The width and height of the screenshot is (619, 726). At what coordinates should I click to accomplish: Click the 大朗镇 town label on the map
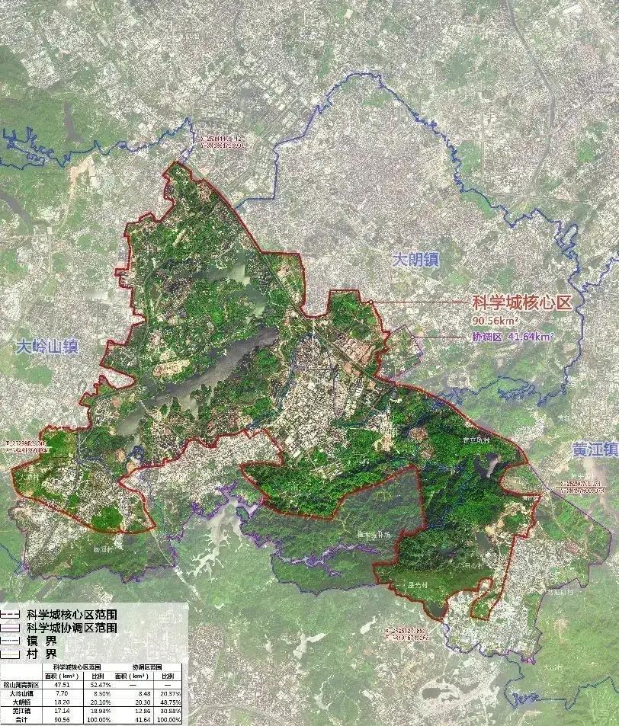pyautogui.click(x=416, y=259)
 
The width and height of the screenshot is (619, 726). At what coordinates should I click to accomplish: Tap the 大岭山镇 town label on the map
pyautogui.click(x=47, y=348)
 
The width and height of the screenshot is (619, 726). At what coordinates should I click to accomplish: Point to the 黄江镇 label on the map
pyautogui.click(x=595, y=450)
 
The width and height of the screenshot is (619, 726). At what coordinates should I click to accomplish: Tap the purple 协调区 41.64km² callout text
pyautogui.click(x=512, y=336)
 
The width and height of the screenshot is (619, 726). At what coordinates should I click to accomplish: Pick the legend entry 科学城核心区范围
pyautogui.click(x=72, y=614)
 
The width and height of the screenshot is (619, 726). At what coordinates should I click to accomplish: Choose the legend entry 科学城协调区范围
pyautogui.click(x=72, y=628)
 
